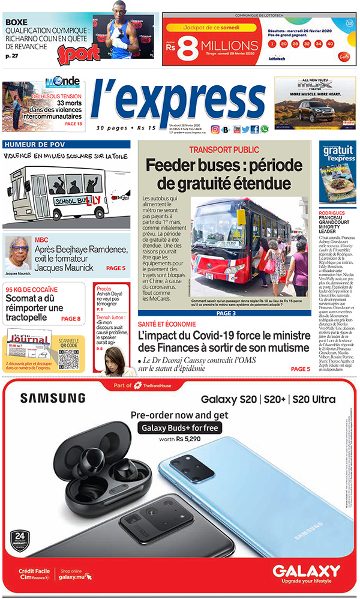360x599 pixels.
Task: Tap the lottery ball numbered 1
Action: [x=274, y=44]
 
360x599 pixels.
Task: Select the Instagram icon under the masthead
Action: [x=215, y=129]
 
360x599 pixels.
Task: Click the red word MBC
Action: [x=41, y=239]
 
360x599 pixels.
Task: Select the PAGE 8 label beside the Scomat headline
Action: [x=71, y=319]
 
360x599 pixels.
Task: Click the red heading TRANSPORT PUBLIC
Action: [x=224, y=149]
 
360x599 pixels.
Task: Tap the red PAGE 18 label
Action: [x=73, y=124]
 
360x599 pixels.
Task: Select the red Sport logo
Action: [x=78, y=53]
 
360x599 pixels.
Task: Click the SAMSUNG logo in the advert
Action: [x=52, y=398]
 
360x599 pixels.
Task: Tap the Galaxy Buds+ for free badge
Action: [x=179, y=428]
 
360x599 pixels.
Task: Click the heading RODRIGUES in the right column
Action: [x=332, y=213]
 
